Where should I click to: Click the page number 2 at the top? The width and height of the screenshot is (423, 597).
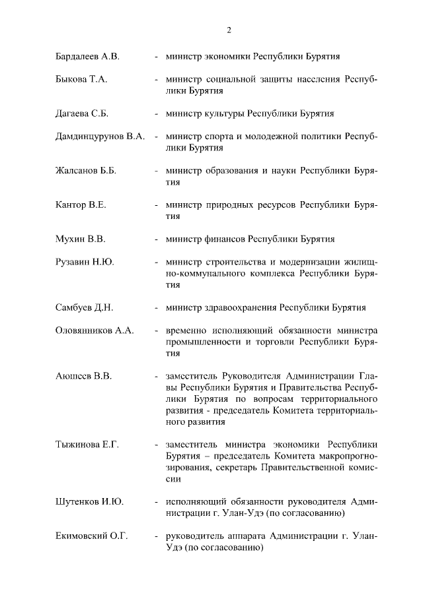[x=229, y=30]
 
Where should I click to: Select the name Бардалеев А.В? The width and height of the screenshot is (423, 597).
[x=87, y=57]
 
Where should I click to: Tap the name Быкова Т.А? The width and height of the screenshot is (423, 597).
[x=81, y=80]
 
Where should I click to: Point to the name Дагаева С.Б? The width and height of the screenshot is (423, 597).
[x=82, y=113]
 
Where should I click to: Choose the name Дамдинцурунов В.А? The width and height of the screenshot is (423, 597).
[x=100, y=137]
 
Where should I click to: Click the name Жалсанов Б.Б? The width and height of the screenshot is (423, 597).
[x=86, y=171]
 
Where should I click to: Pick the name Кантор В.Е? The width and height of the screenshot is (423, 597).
[x=81, y=205]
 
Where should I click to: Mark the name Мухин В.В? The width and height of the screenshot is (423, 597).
[x=81, y=239]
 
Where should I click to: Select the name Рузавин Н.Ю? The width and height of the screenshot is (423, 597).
[x=85, y=263]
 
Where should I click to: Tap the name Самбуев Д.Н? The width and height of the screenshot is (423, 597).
[x=85, y=307]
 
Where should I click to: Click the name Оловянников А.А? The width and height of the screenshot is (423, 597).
[x=95, y=330]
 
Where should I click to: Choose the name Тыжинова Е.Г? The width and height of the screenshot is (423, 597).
[x=87, y=445]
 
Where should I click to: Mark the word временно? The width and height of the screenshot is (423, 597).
[x=187, y=330]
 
